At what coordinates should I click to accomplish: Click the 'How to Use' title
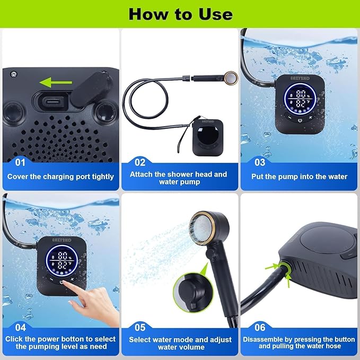[x=181, y=14]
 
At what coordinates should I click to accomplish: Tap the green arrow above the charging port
[x=56, y=82]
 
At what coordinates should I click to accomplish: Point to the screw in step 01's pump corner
[x=14, y=74]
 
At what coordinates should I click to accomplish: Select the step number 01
[x=20, y=163]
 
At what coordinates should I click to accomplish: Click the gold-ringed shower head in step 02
[x=231, y=77]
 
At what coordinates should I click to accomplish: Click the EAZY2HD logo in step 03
[x=300, y=78]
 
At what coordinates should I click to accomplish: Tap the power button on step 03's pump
[x=300, y=120]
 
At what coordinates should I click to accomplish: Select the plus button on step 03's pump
[x=311, y=117]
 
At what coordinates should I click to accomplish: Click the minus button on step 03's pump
[x=289, y=117]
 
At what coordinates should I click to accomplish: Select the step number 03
[x=260, y=163]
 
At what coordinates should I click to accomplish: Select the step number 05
[x=140, y=328]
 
